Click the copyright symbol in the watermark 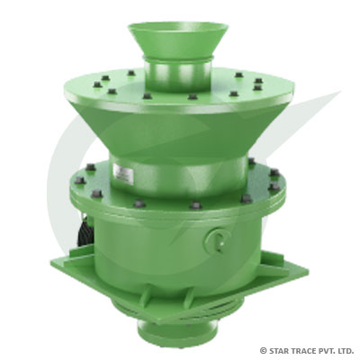click(x=263, y=349)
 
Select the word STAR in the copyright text click(x=280, y=349)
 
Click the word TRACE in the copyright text click(x=304, y=349)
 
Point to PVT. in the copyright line click(x=328, y=349)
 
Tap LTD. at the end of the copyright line click(x=346, y=349)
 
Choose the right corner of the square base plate click(x=306, y=266)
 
